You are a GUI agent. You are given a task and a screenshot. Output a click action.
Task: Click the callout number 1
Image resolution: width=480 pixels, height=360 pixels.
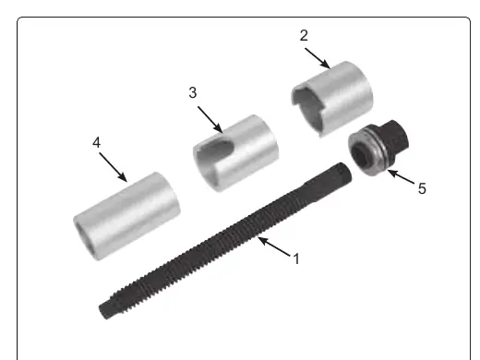(x=296, y=258)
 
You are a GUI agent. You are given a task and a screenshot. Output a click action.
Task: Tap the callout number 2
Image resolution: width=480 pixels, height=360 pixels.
(x=304, y=35)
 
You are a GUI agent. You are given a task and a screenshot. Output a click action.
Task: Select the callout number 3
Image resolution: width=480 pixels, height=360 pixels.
(x=193, y=92)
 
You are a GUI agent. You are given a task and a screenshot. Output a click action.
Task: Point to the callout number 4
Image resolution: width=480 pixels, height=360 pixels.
(x=97, y=143)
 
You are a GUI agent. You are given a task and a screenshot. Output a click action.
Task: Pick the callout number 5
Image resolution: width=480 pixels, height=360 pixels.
(x=422, y=188)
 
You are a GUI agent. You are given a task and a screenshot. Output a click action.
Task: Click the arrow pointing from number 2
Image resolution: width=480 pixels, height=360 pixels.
(x=318, y=58)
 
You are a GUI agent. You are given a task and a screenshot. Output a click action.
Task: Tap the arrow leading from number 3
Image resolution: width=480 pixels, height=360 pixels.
(x=210, y=120)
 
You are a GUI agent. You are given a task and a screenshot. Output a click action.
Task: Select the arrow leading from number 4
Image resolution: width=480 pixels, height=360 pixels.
(x=113, y=167)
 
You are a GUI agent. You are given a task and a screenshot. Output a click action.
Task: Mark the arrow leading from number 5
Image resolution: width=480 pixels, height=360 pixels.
(x=401, y=177)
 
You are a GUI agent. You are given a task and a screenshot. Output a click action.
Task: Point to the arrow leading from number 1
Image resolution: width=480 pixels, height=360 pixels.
(x=274, y=246)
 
